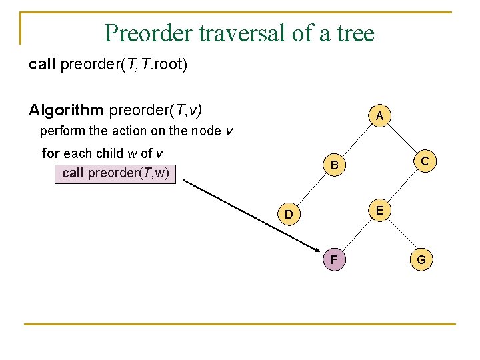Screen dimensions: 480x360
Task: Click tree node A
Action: pos(379,116)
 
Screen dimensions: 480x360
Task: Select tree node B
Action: pos(335,165)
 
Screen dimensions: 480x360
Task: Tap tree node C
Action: pos(423,161)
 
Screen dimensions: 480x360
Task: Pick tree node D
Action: pos(289,214)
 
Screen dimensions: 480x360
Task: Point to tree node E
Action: pos(379,210)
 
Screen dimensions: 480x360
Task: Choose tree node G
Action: pos(421,259)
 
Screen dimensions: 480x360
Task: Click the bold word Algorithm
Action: pos(66,109)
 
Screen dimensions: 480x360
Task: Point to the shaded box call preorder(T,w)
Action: pos(115,173)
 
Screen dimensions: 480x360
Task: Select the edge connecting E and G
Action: pos(400,235)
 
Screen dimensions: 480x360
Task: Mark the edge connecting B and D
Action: pos(312,189)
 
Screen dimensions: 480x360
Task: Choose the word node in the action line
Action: pos(205,131)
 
